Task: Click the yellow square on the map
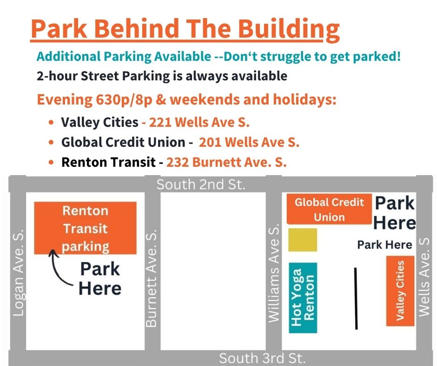pyautogui.click(x=302, y=240)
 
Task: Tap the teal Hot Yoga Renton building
pyautogui.click(x=303, y=298)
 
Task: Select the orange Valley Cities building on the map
pyautogui.click(x=400, y=291)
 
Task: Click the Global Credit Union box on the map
pyautogui.click(x=329, y=209)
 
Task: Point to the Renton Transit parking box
pyautogui.click(x=85, y=228)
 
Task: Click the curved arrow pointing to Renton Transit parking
pyautogui.click(x=57, y=269)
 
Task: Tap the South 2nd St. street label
pyautogui.click(x=201, y=184)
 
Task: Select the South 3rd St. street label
pyautogui.click(x=262, y=358)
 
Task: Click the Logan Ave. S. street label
pyautogui.click(x=19, y=273)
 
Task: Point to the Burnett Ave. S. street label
pyautogui.click(x=152, y=278)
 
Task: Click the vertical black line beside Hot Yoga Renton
pyautogui.click(x=356, y=299)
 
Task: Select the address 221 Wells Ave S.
pyautogui.click(x=199, y=122)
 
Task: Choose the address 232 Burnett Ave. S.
pyautogui.click(x=226, y=162)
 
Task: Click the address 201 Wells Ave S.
pyautogui.click(x=249, y=142)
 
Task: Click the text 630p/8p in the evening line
pyautogui.click(x=124, y=100)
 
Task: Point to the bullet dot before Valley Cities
pyautogui.click(x=51, y=122)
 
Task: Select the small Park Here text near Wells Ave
pyautogui.click(x=384, y=245)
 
